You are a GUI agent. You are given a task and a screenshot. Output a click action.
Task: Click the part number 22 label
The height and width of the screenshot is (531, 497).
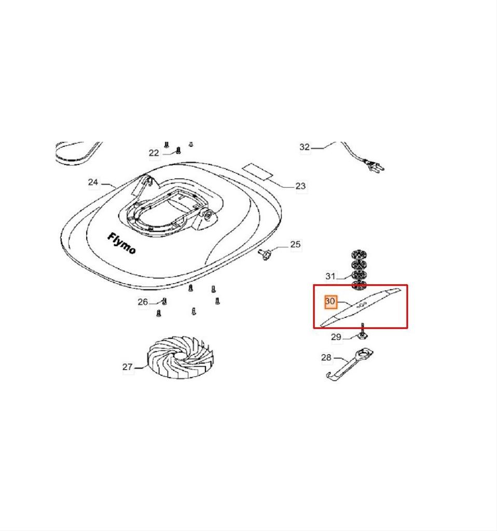click(154, 153)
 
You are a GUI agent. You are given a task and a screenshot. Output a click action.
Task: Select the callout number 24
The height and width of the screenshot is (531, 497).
click(93, 182)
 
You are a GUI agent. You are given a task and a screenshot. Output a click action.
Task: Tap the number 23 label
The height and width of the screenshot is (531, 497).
click(300, 186)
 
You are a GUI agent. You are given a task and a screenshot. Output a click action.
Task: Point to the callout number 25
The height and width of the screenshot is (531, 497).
click(295, 244)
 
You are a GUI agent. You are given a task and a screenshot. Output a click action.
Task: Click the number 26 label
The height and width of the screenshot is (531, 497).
click(143, 301)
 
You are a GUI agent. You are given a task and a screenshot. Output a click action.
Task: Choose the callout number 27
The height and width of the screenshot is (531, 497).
click(128, 367)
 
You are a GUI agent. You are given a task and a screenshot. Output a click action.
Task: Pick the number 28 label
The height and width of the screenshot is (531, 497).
click(326, 357)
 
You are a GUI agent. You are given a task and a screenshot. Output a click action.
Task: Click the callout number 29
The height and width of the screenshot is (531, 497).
click(336, 337)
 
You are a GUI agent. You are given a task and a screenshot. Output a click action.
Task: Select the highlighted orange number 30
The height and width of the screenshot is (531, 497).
click(330, 301)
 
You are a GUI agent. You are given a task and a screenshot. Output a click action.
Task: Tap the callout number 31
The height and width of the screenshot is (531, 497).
click(330, 276)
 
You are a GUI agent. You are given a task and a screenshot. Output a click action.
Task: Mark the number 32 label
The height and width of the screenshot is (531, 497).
click(305, 147)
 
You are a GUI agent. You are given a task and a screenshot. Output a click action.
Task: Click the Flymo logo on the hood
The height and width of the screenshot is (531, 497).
click(122, 243)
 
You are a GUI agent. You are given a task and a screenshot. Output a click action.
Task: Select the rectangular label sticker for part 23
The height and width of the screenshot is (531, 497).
click(258, 171)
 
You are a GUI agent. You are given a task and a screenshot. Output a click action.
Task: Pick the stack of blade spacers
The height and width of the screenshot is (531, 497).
click(359, 270)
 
